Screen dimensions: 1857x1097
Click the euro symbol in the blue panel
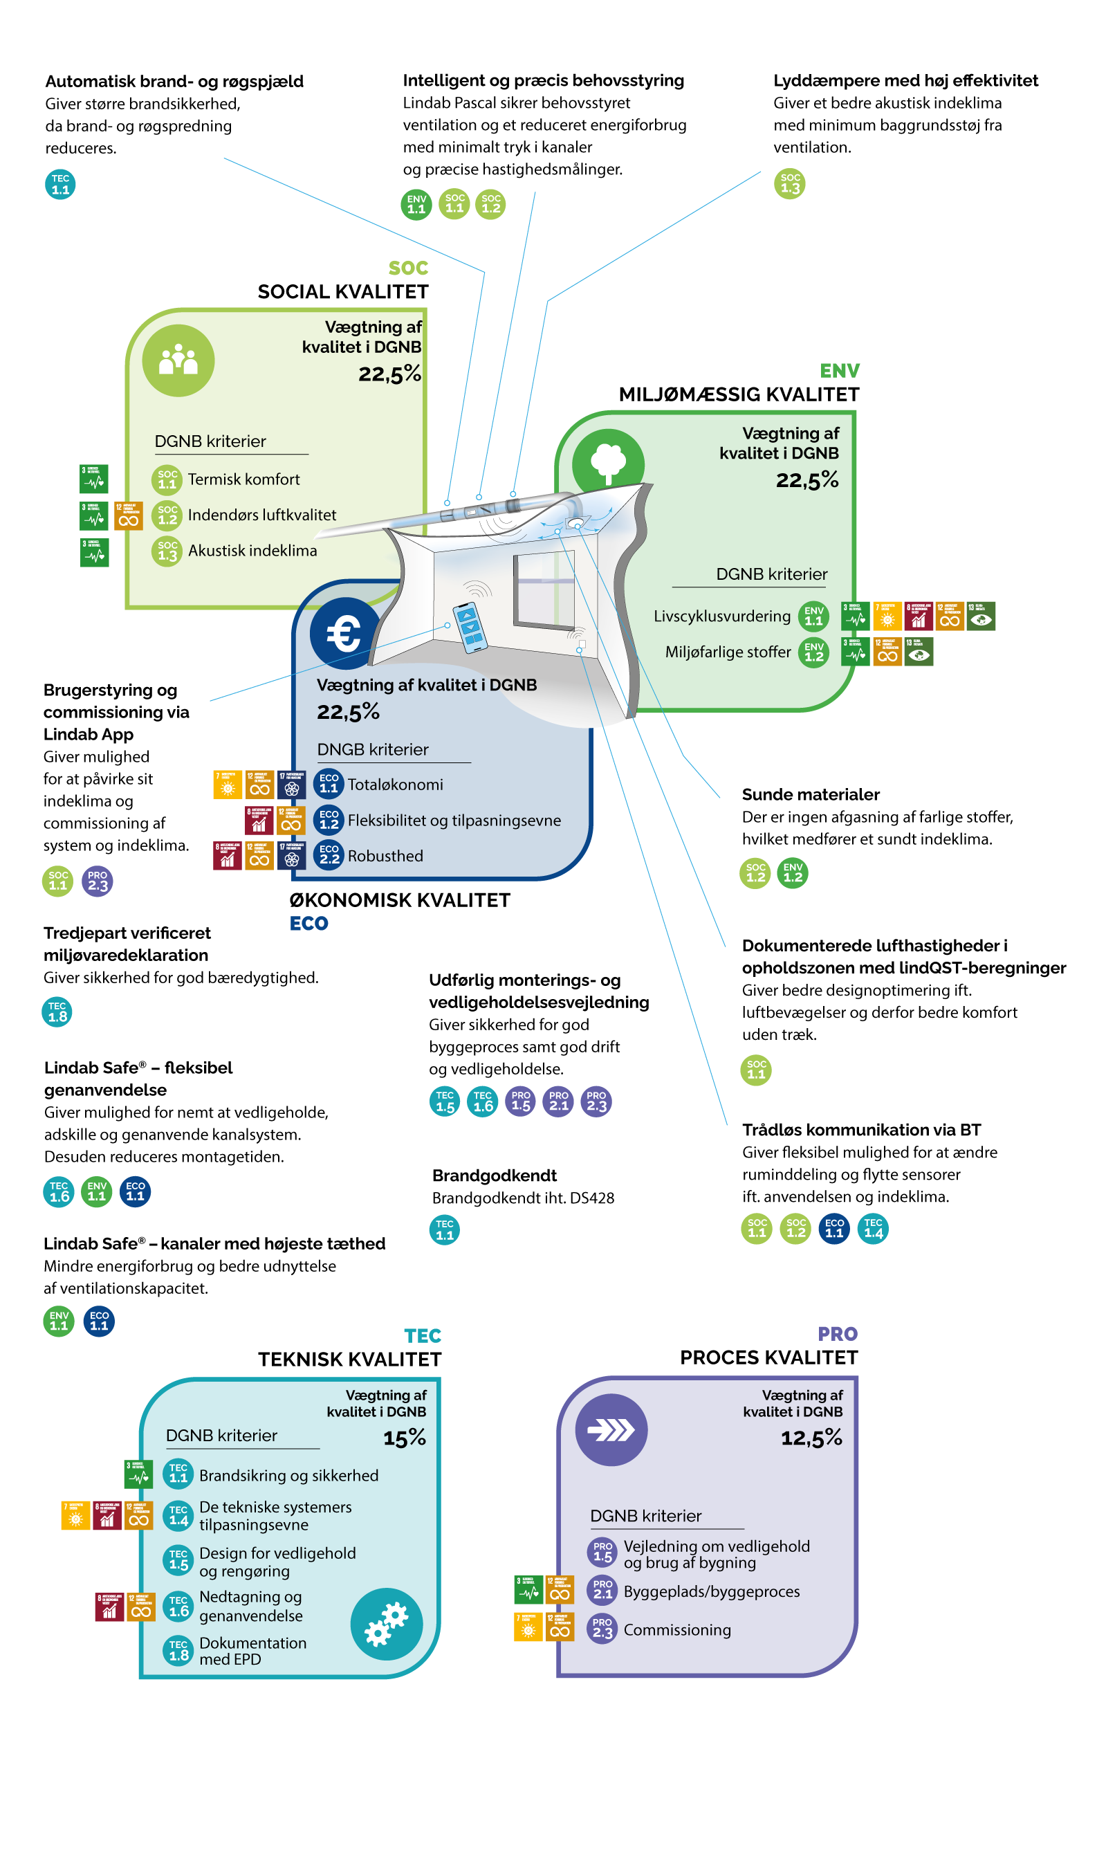(344, 634)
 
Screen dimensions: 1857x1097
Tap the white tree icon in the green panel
(609, 463)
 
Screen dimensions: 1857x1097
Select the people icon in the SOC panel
(178, 360)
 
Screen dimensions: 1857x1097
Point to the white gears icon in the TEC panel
(387, 1624)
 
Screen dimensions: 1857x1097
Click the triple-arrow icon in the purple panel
(611, 1430)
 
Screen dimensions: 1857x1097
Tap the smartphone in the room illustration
(470, 628)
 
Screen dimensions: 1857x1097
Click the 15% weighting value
(405, 1438)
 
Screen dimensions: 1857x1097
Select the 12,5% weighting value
(811, 1438)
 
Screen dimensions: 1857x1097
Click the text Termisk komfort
(244, 479)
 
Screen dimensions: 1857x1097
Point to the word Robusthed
(385, 856)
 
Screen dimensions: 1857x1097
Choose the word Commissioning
(677, 1630)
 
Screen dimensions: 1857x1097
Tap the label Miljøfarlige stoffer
(728, 652)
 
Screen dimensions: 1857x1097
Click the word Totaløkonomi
(396, 785)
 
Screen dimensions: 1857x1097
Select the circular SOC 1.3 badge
(789, 183)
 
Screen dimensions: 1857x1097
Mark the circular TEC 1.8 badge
(57, 1012)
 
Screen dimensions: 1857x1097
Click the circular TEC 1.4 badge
(873, 1229)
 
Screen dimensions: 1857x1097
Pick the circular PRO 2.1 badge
(559, 1101)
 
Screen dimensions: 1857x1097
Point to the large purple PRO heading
(838, 1334)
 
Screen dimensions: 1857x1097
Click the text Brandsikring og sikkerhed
(289, 1476)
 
